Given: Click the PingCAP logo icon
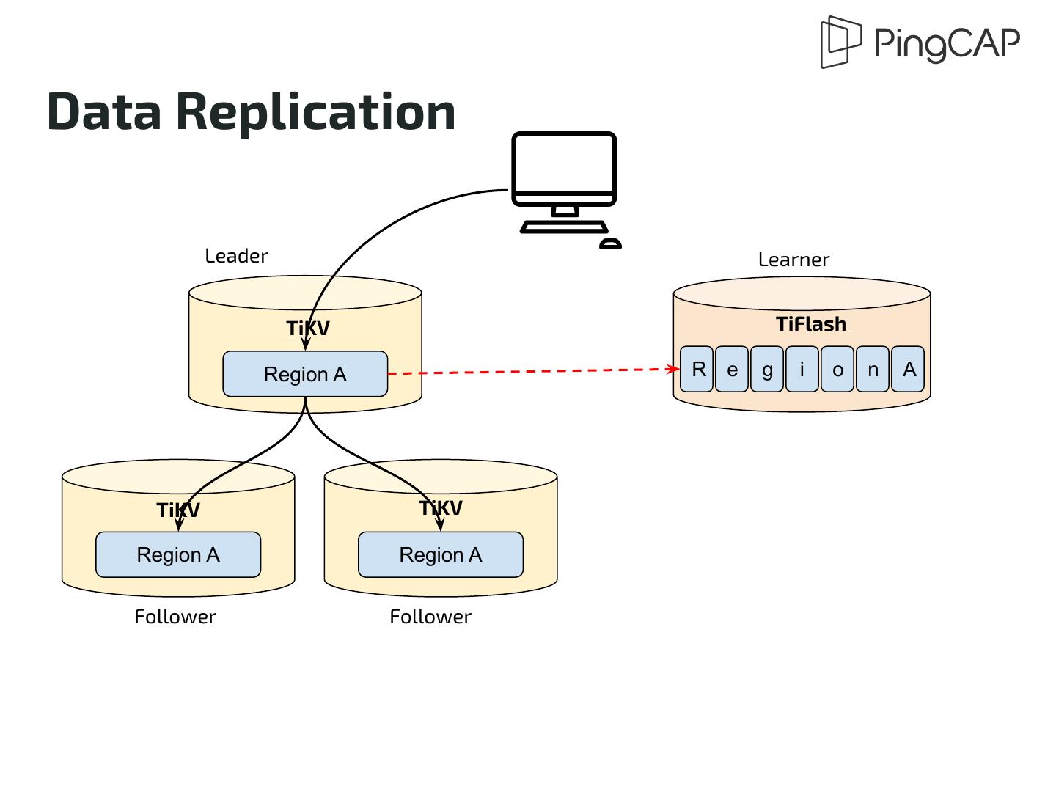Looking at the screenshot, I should tap(840, 42).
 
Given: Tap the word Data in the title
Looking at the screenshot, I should tap(103, 112).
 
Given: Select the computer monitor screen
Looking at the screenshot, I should tap(563, 164).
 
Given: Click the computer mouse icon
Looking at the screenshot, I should tap(610, 243).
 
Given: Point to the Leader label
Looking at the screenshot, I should tap(236, 256).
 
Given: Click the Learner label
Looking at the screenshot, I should tap(793, 260).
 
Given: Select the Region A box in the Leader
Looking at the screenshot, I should tap(305, 374).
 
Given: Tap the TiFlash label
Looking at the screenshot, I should tap(811, 324).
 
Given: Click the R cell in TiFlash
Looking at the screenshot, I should tap(697, 369).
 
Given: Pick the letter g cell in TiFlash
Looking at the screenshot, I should tap(767, 369).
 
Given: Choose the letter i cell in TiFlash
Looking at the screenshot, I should tap(802, 369).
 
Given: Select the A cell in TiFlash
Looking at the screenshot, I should tap(909, 369).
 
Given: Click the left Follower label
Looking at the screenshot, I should tap(175, 617).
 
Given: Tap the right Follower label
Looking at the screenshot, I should tap(430, 617).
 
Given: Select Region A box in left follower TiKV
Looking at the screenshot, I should tap(178, 554).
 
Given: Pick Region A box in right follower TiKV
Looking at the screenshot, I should tap(441, 554).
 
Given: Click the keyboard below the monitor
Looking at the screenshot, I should tap(563, 227).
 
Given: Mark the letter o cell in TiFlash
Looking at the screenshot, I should tap(837, 369).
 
